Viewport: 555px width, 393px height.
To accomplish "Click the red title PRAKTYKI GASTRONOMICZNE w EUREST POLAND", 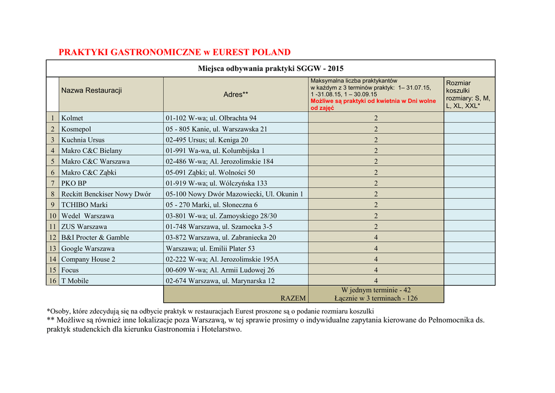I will (x=175, y=53).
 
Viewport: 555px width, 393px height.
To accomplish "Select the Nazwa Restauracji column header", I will (x=92, y=91).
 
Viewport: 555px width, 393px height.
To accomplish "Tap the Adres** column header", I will (x=236, y=94).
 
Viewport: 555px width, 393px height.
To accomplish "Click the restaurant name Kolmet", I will (x=73, y=118).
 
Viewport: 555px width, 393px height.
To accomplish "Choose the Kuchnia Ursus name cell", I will (x=83, y=140).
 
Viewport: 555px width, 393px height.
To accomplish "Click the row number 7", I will (x=53, y=183).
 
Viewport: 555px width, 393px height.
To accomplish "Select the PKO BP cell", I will (x=74, y=183).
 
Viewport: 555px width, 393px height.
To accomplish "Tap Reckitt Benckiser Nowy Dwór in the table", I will (x=106, y=194).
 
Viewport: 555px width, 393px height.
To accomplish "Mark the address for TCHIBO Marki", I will (x=212, y=205).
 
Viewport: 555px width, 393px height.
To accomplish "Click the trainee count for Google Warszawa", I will (x=376, y=248).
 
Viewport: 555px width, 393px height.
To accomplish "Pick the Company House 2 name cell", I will (x=88, y=259).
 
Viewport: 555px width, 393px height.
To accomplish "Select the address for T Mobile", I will (x=220, y=281).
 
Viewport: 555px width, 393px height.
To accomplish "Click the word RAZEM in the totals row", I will (x=293, y=298).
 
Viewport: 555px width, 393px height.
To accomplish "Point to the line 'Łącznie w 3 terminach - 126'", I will (x=376, y=298).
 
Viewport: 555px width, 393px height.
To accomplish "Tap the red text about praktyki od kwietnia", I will (x=373, y=105).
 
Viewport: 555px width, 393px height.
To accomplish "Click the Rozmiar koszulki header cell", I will (x=469, y=94).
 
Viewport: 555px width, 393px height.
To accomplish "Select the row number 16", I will (x=53, y=281).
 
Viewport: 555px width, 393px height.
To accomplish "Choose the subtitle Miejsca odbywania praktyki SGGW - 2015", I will (x=270, y=69).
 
